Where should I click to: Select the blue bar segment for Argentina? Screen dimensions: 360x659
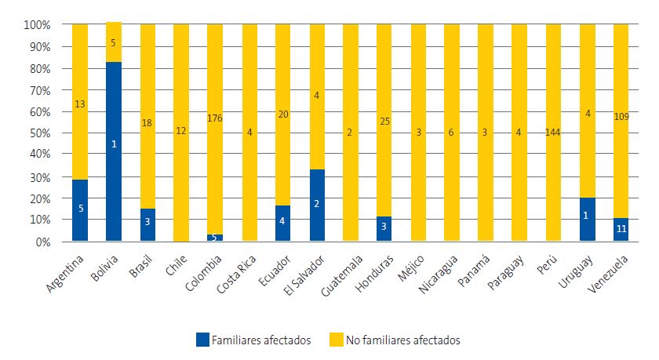80,210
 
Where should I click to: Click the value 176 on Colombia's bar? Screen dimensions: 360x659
215,118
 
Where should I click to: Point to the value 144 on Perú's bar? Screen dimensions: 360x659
554,132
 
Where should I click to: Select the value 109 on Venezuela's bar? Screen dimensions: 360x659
621,116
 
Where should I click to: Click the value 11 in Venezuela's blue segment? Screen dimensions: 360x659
621,230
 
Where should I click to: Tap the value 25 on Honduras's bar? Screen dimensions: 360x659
384,121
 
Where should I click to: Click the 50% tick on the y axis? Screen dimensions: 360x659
38,133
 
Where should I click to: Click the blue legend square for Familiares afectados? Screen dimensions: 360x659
202,340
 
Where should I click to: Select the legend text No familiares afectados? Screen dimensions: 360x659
402,340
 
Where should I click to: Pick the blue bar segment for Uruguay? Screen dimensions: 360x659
588,220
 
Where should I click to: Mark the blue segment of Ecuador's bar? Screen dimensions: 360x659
283,224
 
